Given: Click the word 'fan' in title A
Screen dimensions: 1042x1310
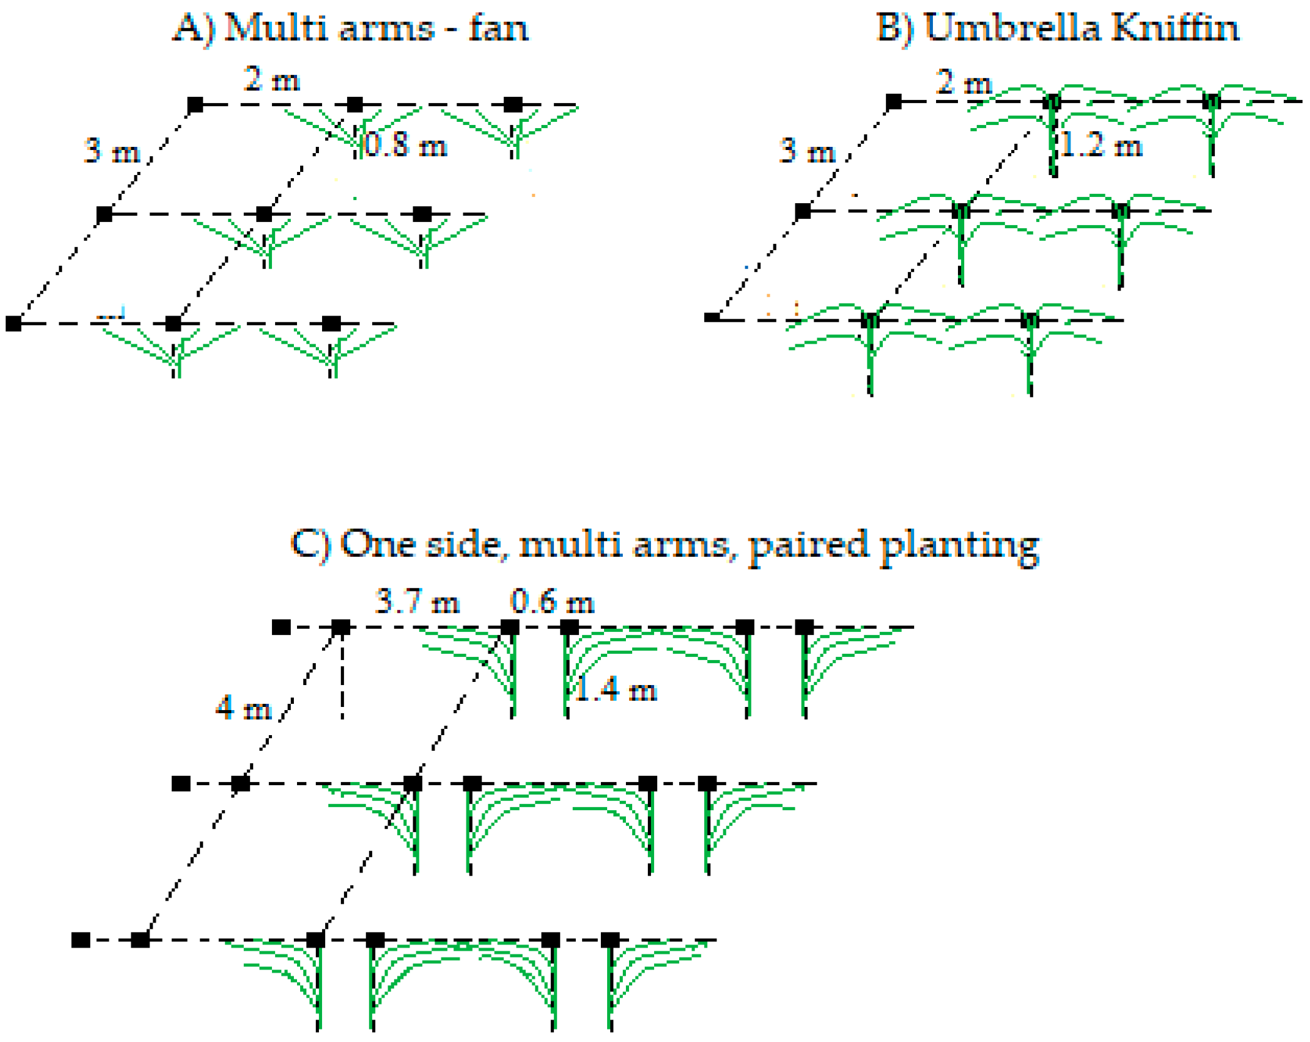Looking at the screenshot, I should point(498,29).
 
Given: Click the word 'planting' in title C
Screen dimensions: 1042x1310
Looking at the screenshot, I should point(959,546).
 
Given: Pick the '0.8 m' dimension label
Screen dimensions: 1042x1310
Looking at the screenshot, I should point(405,145).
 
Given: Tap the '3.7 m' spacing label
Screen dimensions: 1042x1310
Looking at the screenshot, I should point(417,602).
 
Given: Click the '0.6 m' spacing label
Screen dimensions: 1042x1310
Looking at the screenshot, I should point(552,602).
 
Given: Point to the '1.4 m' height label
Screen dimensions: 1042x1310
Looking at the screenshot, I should point(616,690).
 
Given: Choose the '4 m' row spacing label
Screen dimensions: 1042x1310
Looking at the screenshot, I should point(243,709).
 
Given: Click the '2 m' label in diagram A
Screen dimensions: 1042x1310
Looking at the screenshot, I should point(271,80).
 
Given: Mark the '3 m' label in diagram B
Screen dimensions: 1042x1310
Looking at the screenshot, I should point(807,151).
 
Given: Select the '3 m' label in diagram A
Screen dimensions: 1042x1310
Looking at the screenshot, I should point(112,151).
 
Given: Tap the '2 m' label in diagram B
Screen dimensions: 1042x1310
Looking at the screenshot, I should point(964,83).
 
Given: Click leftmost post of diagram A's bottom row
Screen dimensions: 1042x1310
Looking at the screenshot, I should point(13,324).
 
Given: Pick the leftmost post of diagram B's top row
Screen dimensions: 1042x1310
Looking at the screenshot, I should point(894,101).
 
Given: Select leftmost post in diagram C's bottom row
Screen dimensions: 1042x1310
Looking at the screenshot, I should point(81,939).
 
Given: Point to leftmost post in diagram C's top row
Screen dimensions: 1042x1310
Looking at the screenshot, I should point(281,627).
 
